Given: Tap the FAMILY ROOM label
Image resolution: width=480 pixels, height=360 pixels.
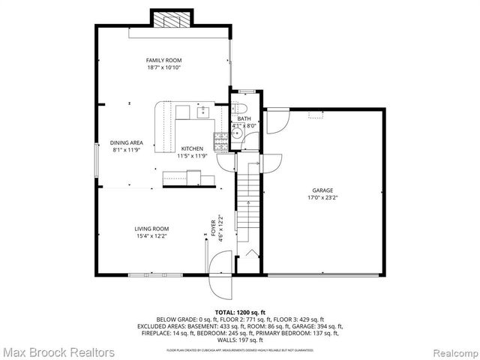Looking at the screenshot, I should [x=163, y=60].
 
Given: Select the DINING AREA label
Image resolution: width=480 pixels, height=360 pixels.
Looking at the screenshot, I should [x=126, y=142].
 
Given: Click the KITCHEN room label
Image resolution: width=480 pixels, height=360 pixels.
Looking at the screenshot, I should [x=191, y=149].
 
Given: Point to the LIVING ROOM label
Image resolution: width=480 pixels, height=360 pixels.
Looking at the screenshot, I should [x=151, y=229].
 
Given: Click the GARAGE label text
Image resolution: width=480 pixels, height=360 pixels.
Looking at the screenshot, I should [x=322, y=190].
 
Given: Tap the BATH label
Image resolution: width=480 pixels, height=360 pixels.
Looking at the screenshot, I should [x=244, y=118].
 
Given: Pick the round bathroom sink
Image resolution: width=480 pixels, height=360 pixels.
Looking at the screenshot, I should [x=237, y=136].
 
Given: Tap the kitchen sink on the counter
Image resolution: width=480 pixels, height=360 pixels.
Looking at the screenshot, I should [x=202, y=112].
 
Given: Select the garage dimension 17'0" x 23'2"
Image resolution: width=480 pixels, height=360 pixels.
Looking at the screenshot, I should [x=322, y=198].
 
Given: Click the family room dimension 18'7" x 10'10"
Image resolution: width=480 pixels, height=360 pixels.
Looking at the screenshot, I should [x=163, y=67].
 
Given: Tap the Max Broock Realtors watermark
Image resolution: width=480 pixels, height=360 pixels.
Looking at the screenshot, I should [x=58, y=352].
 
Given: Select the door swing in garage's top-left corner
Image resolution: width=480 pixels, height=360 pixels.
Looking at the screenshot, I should [x=274, y=118].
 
